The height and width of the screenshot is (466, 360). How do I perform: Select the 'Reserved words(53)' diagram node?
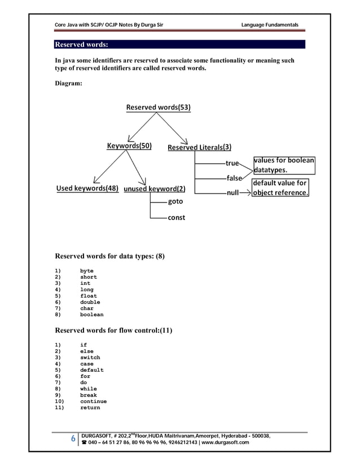click(158, 107)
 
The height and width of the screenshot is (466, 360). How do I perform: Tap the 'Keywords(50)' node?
click(129, 146)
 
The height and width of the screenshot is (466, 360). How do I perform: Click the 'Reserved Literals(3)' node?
click(199, 148)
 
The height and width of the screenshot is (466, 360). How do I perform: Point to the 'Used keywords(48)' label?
click(87, 188)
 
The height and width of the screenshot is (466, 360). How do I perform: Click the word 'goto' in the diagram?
click(175, 201)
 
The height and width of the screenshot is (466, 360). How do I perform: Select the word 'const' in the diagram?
click(177, 217)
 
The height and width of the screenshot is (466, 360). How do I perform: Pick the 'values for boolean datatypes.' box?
click(284, 165)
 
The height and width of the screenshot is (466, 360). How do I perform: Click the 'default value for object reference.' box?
click(280, 188)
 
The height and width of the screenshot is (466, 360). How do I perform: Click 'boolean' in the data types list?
click(91, 315)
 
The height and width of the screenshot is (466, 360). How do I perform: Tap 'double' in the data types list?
click(90, 302)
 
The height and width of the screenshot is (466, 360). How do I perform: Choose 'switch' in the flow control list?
click(90, 358)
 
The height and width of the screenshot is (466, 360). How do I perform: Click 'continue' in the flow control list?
click(93, 402)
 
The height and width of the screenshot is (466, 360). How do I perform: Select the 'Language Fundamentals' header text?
click(269, 24)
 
